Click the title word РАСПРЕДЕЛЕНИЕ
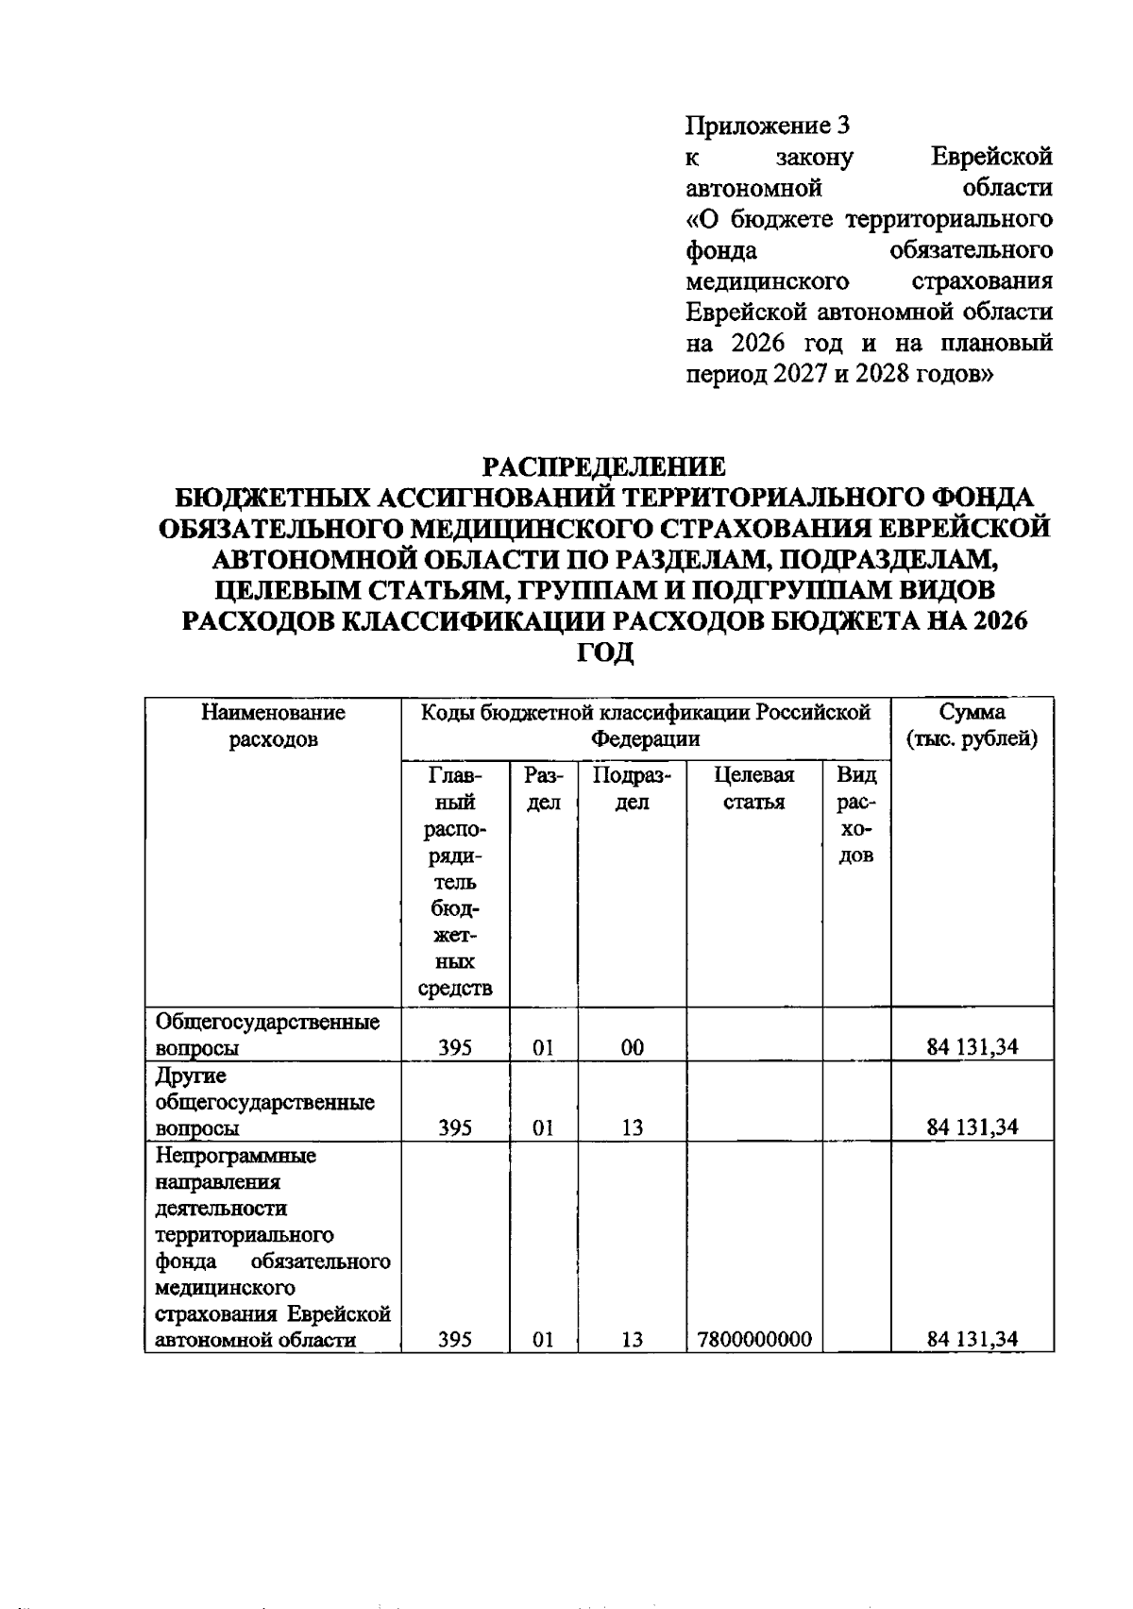pyautogui.click(x=604, y=466)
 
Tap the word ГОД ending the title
pyautogui.click(x=604, y=652)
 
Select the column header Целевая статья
pyautogui.click(x=754, y=788)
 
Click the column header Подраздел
pyautogui.click(x=632, y=788)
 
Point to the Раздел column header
pyautogui.click(x=543, y=788)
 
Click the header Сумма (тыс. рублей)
pyautogui.click(x=972, y=725)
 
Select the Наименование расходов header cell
pyautogui.click(x=273, y=725)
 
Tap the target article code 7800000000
pyautogui.click(x=754, y=1339)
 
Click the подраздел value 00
pyautogui.click(x=633, y=1046)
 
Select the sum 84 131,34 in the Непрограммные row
pyautogui.click(x=972, y=1339)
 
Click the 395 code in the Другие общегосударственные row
pyautogui.click(x=455, y=1126)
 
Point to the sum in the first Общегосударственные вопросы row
pyautogui.click(x=972, y=1046)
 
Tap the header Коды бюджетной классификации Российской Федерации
pyautogui.click(x=645, y=725)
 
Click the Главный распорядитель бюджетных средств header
pyautogui.click(x=455, y=881)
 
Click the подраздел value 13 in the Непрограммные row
pyautogui.click(x=633, y=1339)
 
